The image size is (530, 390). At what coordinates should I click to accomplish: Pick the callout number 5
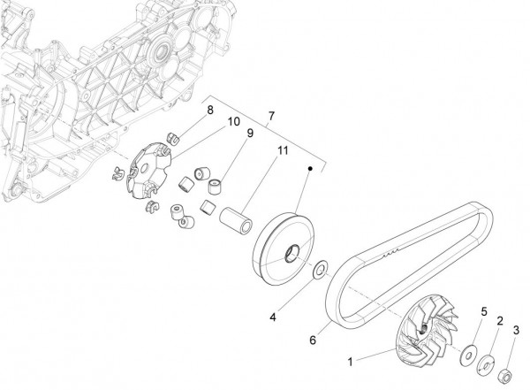(483, 311)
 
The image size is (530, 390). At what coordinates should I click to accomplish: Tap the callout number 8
(209, 110)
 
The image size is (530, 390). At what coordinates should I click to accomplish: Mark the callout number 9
(250, 134)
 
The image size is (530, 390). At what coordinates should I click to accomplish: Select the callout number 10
(233, 121)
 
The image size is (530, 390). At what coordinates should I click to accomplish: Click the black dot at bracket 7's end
(312, 167)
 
